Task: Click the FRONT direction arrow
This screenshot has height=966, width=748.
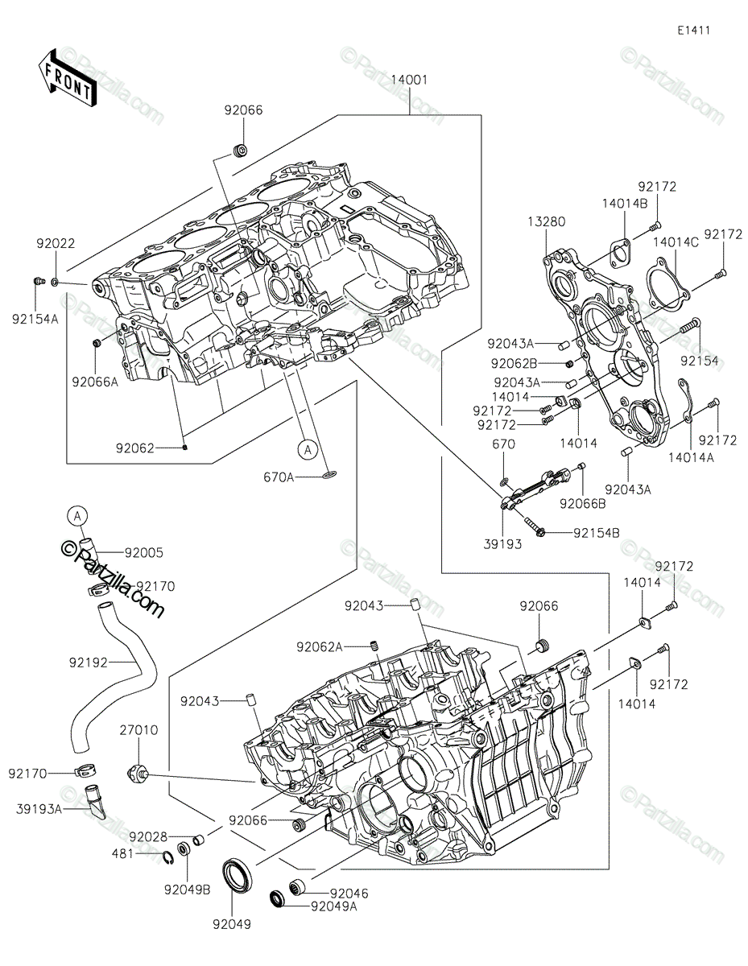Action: click(66, 78)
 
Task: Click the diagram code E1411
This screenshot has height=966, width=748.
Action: click(693, 31)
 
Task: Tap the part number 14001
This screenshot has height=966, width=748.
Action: click(409, 80)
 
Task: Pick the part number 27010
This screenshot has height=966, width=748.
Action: click(138, 730)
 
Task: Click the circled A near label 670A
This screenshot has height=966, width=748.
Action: click(308, 450)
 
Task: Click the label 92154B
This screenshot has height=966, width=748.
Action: click(596, 533)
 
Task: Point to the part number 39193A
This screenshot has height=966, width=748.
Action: click(39, 809)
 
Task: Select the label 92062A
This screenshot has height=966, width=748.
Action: click(320, 647)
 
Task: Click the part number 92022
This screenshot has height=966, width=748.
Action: click(56, 243)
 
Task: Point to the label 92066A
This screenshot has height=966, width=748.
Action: click(95, 382)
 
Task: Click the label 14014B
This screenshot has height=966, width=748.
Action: click(625, 203)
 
